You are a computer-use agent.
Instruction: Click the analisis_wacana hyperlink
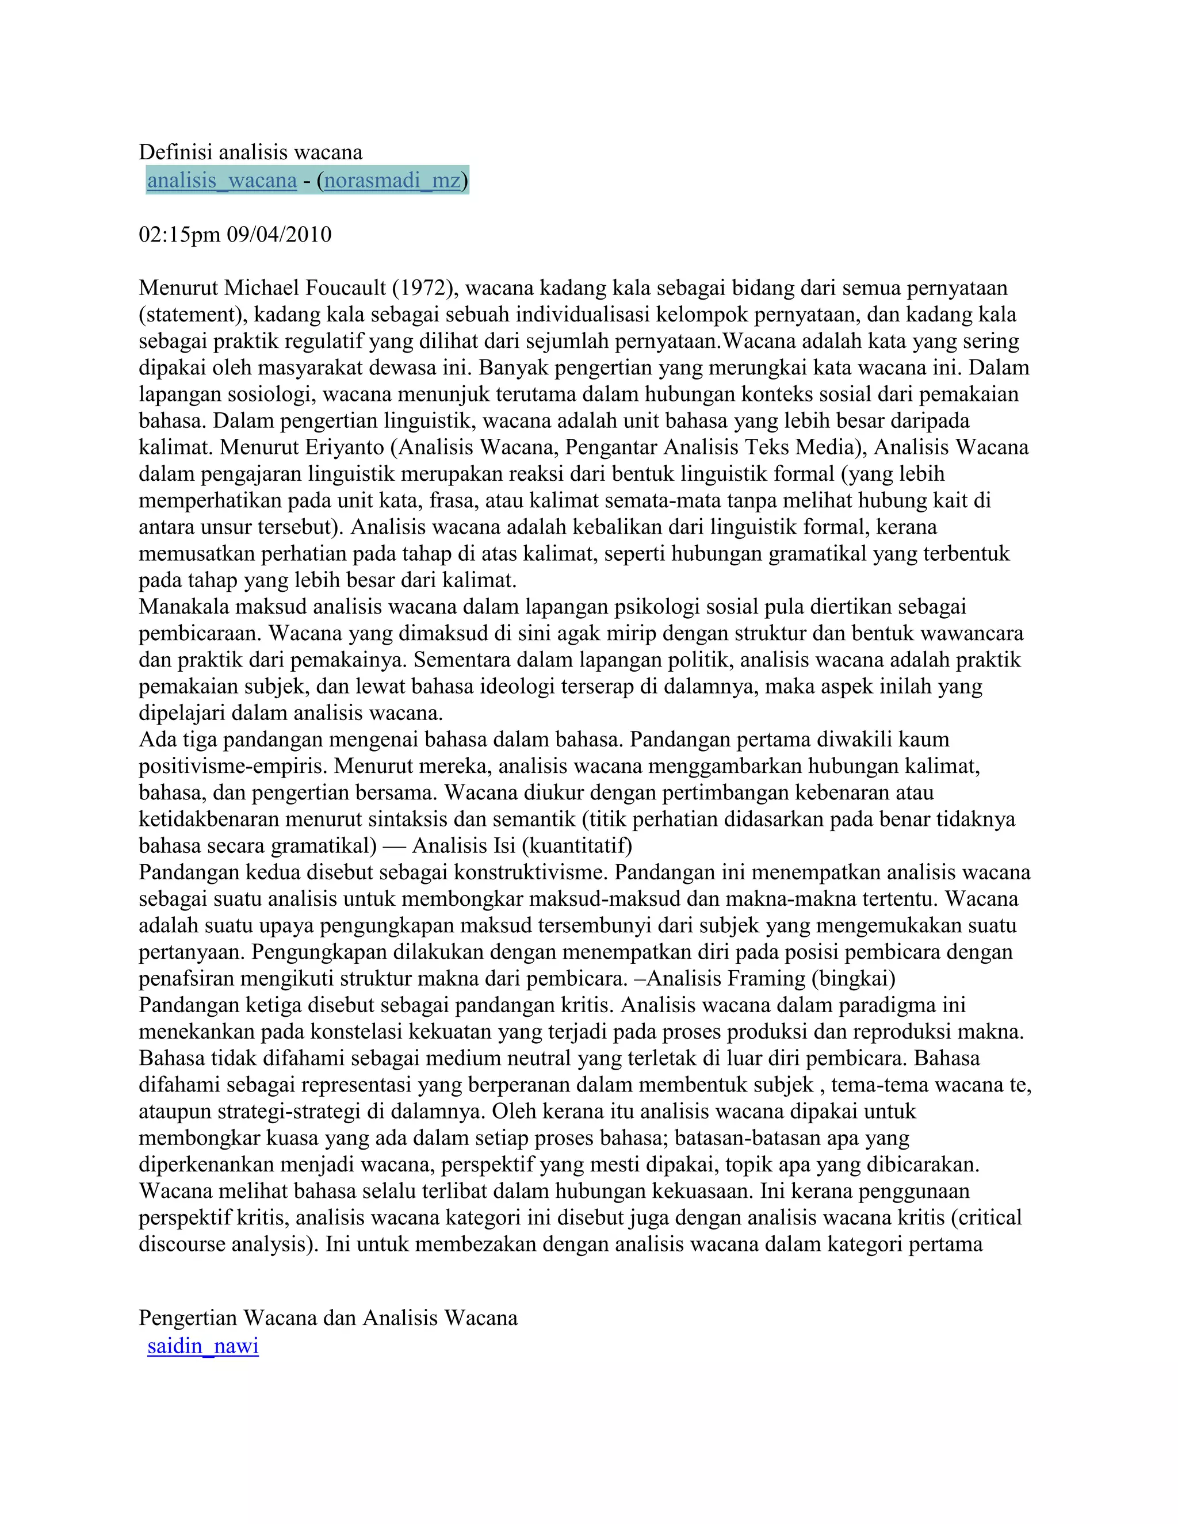(222, 180)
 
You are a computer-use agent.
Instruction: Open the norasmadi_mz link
(392, 180)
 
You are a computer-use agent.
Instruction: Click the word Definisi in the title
(176, 152)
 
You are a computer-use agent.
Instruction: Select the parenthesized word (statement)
(193, 315)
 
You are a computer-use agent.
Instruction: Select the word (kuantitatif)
(576, 846)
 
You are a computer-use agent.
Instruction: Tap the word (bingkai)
(853, 978)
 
